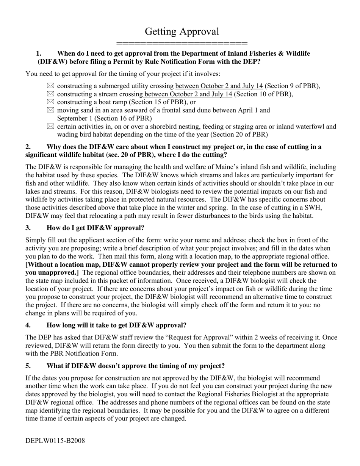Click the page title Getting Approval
[182, 31]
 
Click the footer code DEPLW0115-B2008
[55, 441]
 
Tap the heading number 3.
[28, 228]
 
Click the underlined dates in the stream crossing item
[187, 94]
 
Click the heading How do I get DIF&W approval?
[95, 228]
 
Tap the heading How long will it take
[116, 325]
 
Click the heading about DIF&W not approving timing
[135, 366]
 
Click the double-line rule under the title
[182, 43]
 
